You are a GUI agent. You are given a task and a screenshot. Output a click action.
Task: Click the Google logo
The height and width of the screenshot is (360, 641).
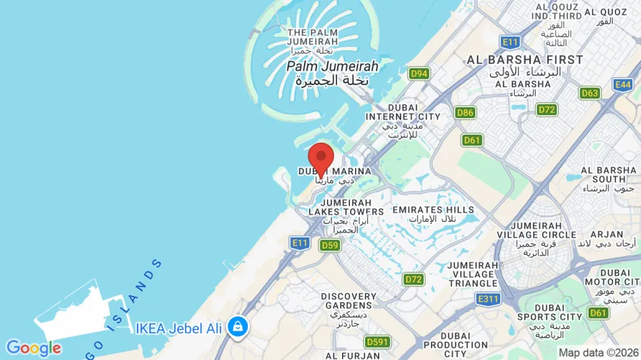pyautogui.click(x=33, y=348)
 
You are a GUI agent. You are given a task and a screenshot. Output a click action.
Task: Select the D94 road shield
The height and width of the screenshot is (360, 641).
pyautogui.click(x=418, y=73)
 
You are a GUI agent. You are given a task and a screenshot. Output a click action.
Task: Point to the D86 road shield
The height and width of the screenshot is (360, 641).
pyautogui.click(x=465, y=112)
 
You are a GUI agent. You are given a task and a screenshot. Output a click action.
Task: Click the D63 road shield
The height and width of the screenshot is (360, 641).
pyautogui.click(x=590, y=93)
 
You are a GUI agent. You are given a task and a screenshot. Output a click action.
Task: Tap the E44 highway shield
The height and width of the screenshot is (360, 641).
pyautogui.click(x=624, y=85)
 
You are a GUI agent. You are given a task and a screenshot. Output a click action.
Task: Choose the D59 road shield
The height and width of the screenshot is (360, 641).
pyautogui.click(x=330, y=246)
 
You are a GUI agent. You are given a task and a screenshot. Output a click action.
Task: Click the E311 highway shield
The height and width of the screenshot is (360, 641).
pyautogui.click(x=488, y=299)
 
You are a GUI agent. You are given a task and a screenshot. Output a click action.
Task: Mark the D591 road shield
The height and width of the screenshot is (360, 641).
pyautogui.click(x=377, y=341)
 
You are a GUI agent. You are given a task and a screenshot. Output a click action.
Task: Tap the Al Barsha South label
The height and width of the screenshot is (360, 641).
pyautogui.click(x=599, y=179)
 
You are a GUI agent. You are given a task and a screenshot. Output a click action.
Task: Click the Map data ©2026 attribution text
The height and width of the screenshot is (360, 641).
pyautogui.click(x=599, y=353)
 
